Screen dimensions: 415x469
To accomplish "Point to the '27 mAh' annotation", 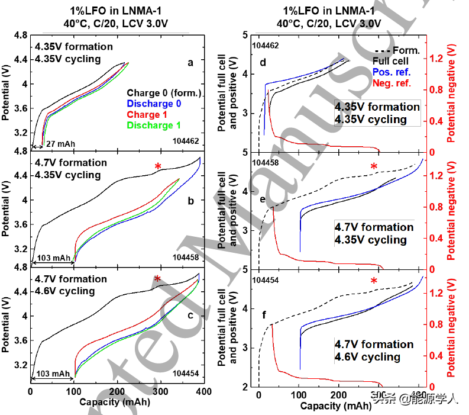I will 61,144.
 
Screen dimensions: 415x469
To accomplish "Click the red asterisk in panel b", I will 158,167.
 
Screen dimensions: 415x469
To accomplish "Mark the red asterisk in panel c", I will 157,279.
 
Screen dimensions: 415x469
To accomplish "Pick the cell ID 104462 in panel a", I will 187,141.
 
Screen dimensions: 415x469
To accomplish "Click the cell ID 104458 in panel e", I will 266,162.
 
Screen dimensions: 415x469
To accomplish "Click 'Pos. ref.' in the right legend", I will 391,72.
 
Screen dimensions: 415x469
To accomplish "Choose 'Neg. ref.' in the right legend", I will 391,83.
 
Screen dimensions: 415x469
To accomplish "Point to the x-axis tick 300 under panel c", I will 174,392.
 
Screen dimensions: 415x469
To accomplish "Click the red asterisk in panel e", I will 374,168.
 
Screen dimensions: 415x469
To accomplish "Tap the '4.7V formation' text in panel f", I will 374,344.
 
